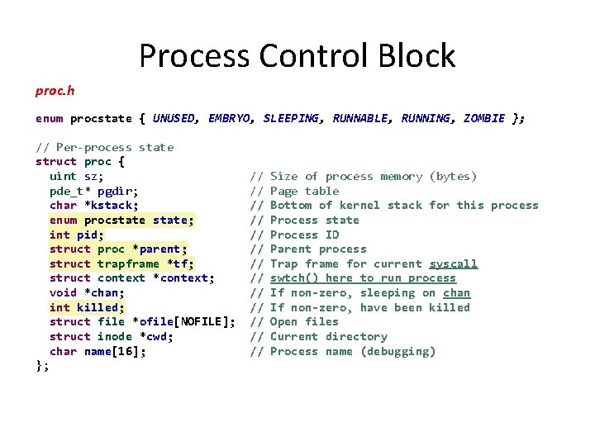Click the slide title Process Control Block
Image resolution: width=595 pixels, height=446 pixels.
coord(297,55)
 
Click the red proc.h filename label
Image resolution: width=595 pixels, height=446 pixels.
coord(55,88)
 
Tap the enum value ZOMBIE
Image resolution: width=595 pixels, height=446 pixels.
coord(483,118)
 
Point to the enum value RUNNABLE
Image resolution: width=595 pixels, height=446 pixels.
coord(359,118)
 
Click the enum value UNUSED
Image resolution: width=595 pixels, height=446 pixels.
coord(174,118)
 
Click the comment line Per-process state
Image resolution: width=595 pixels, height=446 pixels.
coord(105,147)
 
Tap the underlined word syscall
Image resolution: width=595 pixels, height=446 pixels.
coord(453,263)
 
